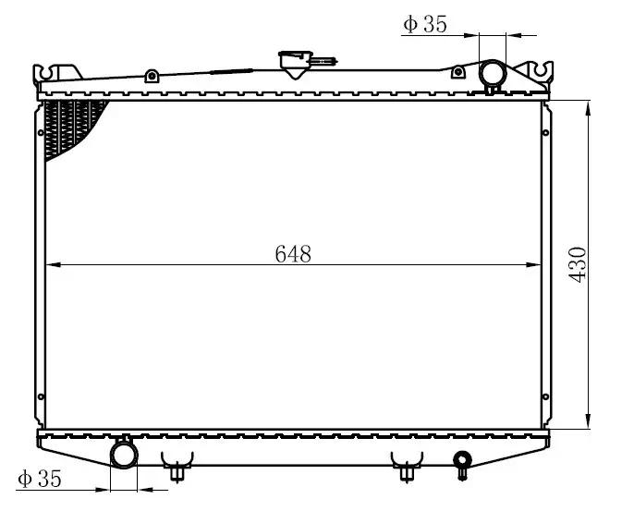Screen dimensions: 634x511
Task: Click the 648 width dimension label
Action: [x=293, y=254]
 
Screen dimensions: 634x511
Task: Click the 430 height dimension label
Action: [x=578, y=265]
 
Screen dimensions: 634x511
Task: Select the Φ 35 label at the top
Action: [x=425, y=24]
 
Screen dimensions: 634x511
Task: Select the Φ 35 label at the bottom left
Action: [x=40, y=479]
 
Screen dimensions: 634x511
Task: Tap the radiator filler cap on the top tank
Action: [x=296, y=64]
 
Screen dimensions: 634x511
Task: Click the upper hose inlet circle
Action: [x=492, y=73]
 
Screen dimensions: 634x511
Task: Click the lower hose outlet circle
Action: [x=124, y=456]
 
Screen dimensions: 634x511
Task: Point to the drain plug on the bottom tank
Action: [x=462, y=464]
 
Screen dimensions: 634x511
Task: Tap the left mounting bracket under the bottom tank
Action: [x=177, y=466]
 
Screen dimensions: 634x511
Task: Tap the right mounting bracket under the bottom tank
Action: [x=407, y=466]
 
